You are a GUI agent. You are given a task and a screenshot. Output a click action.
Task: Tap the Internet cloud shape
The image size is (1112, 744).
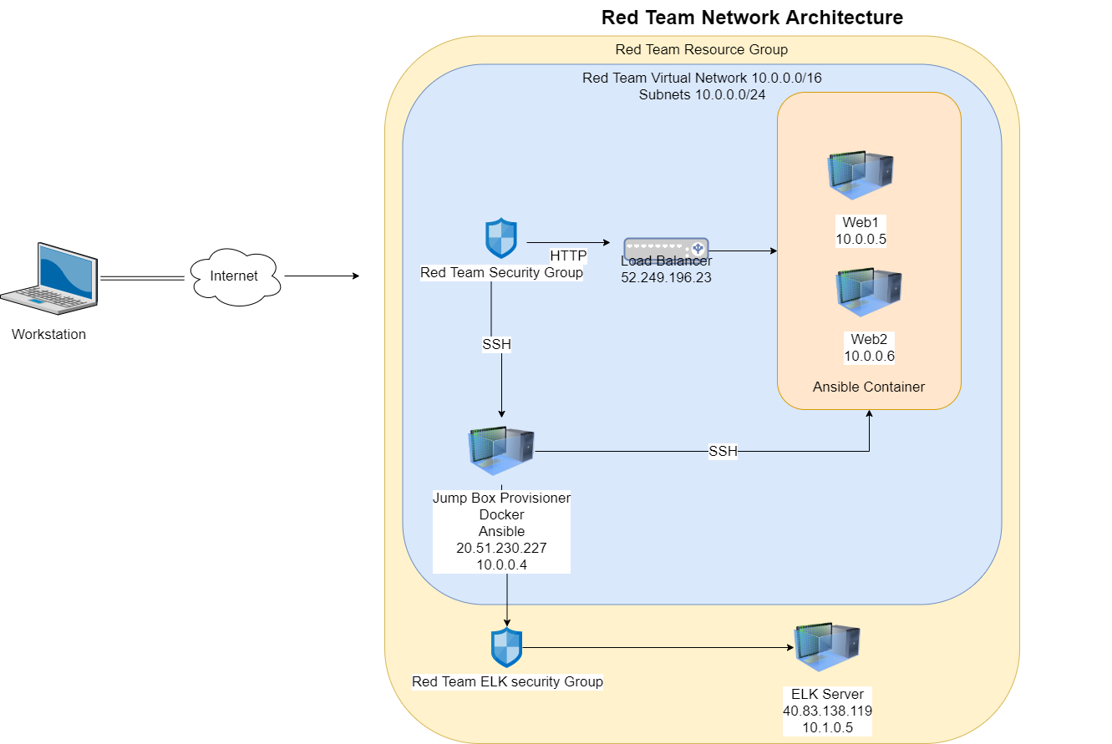[x=234, y=276]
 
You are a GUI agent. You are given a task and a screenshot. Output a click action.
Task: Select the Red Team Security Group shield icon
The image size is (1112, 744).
[x=501, y=239]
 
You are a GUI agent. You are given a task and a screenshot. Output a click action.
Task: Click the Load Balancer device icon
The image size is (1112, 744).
[x=666, y=248]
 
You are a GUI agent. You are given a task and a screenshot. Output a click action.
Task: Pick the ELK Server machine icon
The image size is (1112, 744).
[x=827, y=648]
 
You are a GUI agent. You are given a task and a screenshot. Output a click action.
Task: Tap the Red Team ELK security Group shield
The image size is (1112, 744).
[x=506, y=648]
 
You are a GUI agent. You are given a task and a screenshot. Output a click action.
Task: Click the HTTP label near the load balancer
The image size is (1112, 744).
[x=568, y=256]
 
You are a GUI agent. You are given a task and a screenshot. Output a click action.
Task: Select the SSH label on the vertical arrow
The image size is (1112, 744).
[x=496, y=344]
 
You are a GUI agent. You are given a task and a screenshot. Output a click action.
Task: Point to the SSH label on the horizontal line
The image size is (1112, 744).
[x=723, y=452]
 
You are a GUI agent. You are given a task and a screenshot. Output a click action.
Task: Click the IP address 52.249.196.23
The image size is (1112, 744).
[x=666, y=277]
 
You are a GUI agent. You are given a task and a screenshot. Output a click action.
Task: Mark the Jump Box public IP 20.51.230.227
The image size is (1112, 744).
[x=501, y=549]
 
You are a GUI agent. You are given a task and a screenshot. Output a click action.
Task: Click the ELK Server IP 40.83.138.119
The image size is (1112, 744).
[x=827, y=711]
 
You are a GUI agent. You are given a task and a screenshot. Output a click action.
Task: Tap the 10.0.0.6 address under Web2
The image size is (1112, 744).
[x=869, y=357]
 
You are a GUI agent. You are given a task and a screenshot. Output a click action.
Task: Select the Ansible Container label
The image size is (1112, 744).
[x=869, y=387]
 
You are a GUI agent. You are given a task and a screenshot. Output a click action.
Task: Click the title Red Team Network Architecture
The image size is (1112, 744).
[x=752, y=18]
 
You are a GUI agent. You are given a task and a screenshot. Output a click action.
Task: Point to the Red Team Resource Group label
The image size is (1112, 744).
[x=702, y=49]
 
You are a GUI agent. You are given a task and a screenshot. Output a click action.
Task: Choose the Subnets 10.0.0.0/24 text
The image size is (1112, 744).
[x=702, y=94]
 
